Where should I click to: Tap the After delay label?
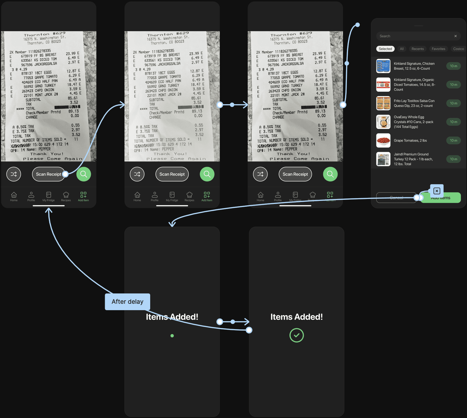click(127, 302)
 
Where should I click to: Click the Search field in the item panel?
click(415, 36)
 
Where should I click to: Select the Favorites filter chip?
click(438, 49)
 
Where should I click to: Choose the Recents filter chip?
click(417, 49)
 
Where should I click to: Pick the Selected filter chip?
click(385, 49)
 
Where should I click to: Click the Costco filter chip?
click(458, 49)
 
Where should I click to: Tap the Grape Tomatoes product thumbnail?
click(383, 140)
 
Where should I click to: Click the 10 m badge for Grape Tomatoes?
click(453, 140)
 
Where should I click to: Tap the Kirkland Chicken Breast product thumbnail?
click(383, 66)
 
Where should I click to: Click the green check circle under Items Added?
click(296, 335)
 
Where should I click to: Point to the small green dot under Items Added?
click(172, 336)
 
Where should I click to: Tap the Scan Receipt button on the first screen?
click(48, 174)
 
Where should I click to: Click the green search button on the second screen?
click(207, 174)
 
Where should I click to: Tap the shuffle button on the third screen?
click(260, 174)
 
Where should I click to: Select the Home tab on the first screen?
click(14, 196)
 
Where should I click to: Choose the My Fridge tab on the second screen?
click(172, 196)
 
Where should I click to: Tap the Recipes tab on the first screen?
click(66, 196)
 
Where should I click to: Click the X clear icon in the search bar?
click(456, 36)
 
